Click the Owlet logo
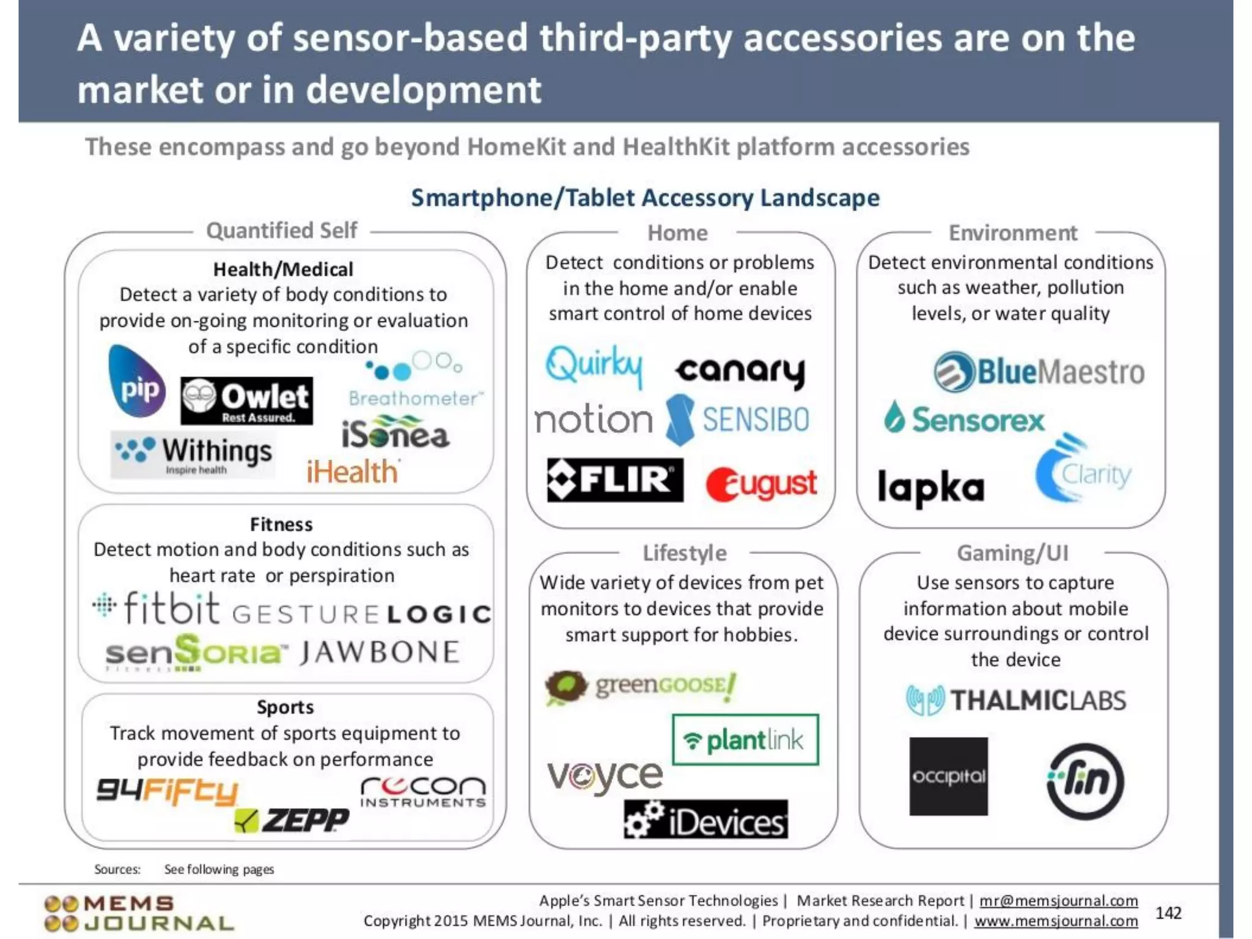click(x=246, y=401)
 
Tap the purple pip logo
click(x=137, y=381)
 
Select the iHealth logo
click(x=353, y=471)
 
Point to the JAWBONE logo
click(x=379, y=652)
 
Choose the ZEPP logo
click(x=292, y=820)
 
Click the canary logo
click(x=740, y=371)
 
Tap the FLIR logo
click(x=615, y=480)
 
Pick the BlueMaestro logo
click(x=1039, y=372)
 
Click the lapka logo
click(x=930, y=487)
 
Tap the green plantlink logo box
click(x=745, y=740)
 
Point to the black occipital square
click(x=948, y=776)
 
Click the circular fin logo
click(x=1085, y=781)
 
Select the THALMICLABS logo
click(x=1015, y=701)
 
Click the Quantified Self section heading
click(x=282, y=230)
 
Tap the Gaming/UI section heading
click(x=1012, y=553)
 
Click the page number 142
click(x=1168, y=913)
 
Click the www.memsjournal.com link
click(x=1056, y=921)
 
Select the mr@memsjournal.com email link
click(x=1058, y=900)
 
